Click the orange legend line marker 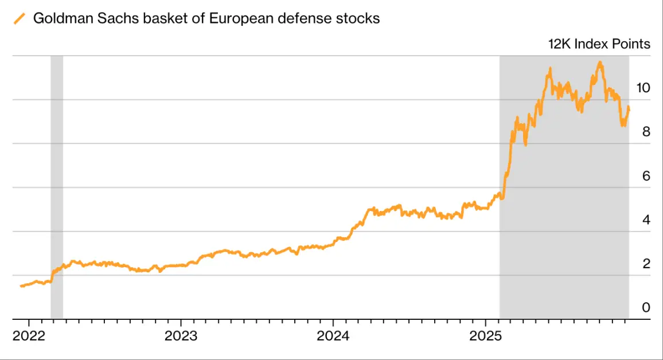19,18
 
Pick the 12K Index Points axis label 599,44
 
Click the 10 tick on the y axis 643,88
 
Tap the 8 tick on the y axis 646,131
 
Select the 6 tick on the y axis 646,175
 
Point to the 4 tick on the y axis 646,220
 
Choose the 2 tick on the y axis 646,263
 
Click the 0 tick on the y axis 646,307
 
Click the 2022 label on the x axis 28,335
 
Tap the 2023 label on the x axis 181,335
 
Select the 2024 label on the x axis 333,335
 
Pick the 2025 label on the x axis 486,335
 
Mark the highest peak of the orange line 600,62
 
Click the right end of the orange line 629,108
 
